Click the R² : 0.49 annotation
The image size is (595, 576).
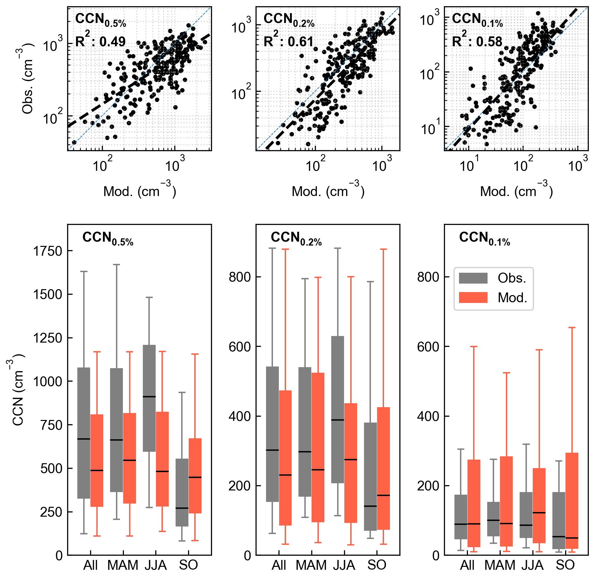pos(100,41)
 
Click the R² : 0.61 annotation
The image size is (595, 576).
pos(289,41)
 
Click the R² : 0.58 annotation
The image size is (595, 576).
pos(477,41)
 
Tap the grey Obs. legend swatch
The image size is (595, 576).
pos(473,278)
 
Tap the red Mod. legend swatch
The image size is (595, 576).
pos(473,297)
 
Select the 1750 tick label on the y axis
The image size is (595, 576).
pos(48,251)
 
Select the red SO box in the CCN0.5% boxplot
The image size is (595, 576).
pos(195,476)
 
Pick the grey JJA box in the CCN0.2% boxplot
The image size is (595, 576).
pos(337,409)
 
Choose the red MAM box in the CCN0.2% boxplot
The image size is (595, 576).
pos(318,447)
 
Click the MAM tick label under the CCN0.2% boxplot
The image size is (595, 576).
pos(311,565)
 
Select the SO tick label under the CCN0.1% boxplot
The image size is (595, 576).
pos(565,565)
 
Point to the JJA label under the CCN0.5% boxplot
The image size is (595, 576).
pos(156,565)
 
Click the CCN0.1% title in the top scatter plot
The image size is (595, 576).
pos(477,20)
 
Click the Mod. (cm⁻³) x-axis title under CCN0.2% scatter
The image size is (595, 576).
pos(328,191)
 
